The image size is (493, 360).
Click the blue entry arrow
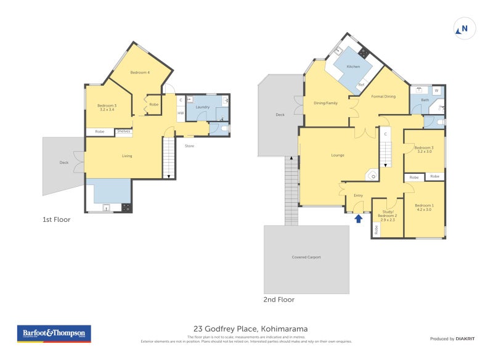[x=359, y=218]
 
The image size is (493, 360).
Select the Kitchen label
[x=353, y=67]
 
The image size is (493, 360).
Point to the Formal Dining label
[x=383, y=96]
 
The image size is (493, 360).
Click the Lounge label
[x=338, y=155]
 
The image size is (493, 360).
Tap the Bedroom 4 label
[x=140, y=73]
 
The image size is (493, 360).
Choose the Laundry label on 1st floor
[x=203, y=107]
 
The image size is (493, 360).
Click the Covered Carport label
[x=306, y=257]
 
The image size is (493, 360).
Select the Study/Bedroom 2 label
[x=388, y=217]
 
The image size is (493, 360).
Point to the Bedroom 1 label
[x=424, y=207]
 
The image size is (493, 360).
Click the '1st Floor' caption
[x=57, y=219]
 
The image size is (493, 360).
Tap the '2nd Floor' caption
[x=279, y=300]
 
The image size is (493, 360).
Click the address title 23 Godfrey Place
[x=250, y=329]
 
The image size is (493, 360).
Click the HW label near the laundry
[x=181, y=113]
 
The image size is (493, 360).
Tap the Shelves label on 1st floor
[x=124, y=131]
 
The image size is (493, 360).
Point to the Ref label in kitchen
[x=362, y=84]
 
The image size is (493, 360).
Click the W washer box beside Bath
[x=436, y=91]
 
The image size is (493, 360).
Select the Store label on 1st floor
[x=189, y=145]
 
